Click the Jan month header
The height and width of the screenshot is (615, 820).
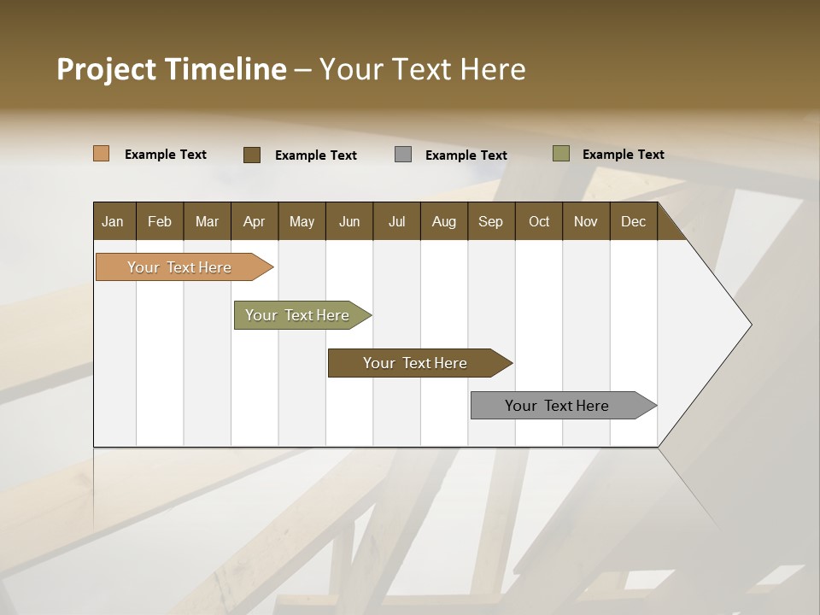[x=113, y=222]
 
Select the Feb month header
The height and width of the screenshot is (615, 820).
[x=160, y=222]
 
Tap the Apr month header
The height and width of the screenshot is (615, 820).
[x=254, y=222]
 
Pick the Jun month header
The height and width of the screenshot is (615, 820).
[x=349, y=222]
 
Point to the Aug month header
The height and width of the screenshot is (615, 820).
[x=443, y=222]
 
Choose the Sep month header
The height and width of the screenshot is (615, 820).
[x=490, y=222]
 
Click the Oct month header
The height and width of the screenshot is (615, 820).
[x=539, y=222]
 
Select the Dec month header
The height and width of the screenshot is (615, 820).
[x=633, y=222]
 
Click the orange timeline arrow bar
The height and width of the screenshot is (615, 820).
[x=180, y=267]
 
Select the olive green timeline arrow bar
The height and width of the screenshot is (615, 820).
[x=298, y=315]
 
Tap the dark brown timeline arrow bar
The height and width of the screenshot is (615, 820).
[x=416, y=363]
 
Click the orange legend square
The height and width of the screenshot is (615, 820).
[x=102, y=154]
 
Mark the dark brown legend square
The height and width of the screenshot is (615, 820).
[x=252, y=155]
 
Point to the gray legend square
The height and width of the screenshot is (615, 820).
[x=403, y=155]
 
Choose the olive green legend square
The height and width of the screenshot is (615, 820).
[x=561, y=154]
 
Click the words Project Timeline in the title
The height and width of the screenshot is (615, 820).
[x=171, y=69]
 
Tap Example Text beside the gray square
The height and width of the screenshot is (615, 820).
[x=466, y=155]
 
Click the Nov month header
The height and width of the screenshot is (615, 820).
[x=586, y=222]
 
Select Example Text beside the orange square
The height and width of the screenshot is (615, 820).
[x=166, y=155]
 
